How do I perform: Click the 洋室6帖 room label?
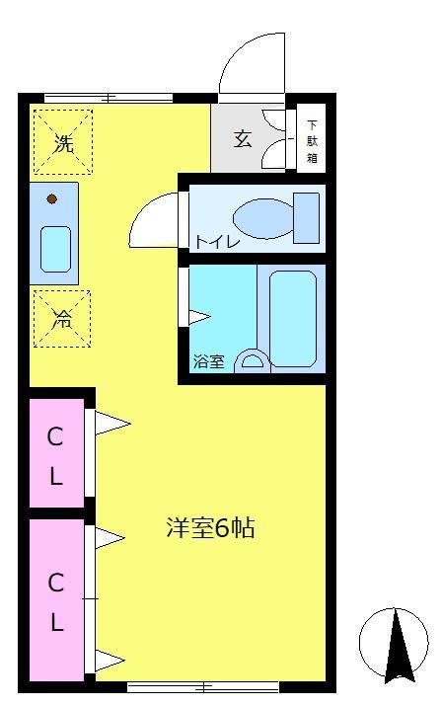(x=210, y=529)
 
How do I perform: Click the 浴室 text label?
(x=207, y=362)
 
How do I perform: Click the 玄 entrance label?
(x=243, y=138)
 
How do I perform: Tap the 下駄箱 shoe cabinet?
(x=312, y=140)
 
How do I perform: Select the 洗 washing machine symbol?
(x=62, y=143)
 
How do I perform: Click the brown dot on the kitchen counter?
(x=52, y=199)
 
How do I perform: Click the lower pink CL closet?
(x=56, y=600)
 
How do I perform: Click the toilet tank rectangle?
(x=307, y=217)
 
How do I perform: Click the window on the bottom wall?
(x=203, y=686)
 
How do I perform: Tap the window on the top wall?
(x=110, y=97)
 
